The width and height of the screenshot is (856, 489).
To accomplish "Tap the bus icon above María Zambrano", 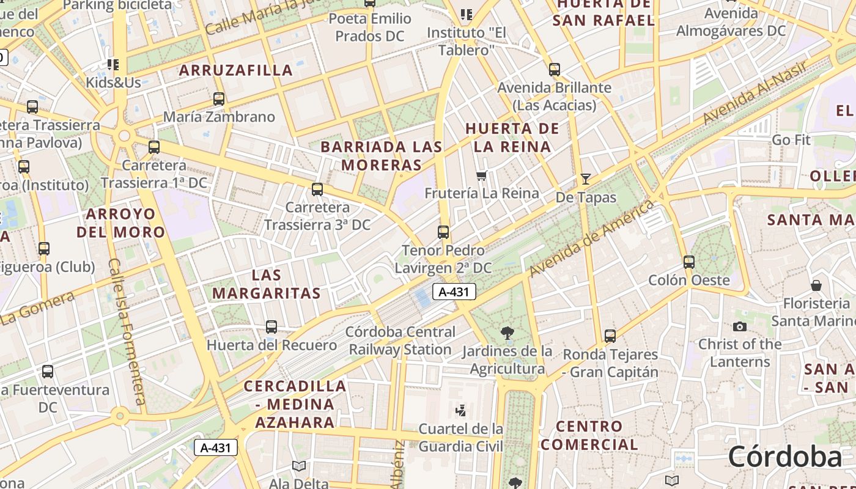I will tap(219, 99).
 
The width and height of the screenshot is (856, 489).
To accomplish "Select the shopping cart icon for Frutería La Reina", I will tap(481, 176).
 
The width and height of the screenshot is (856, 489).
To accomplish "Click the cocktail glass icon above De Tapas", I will tap(586, 179).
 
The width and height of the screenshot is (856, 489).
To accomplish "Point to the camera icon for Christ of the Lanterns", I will tap(740, 326).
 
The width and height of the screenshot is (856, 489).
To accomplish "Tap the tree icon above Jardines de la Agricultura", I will tap(507, 333).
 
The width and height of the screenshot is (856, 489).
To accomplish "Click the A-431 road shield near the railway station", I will tap(454, 292).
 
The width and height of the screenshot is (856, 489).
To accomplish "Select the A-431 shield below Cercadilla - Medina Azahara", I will tap(216, 447).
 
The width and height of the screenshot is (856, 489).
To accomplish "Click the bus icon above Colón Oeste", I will tap(689, 262).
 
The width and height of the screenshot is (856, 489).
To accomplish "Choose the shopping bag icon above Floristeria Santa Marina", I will tap(816, 285).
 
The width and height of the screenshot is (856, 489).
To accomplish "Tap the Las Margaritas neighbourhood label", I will tap(267, 284).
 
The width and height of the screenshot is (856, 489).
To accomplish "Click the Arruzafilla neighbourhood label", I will tap(236, 70).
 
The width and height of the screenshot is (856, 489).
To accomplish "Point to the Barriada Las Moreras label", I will tap(382, 156).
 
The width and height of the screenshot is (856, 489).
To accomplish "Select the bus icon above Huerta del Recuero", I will tap(271, 327).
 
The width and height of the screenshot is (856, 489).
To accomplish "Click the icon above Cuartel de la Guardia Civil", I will tap(461, 410).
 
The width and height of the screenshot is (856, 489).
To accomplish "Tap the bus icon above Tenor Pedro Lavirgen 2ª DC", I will tap(443, 232).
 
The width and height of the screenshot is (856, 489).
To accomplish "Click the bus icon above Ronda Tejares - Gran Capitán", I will tap(610, 336).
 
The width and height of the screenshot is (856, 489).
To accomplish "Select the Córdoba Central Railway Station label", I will tap(400, 341).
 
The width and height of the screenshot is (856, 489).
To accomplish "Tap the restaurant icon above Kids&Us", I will tap(113, 64).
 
